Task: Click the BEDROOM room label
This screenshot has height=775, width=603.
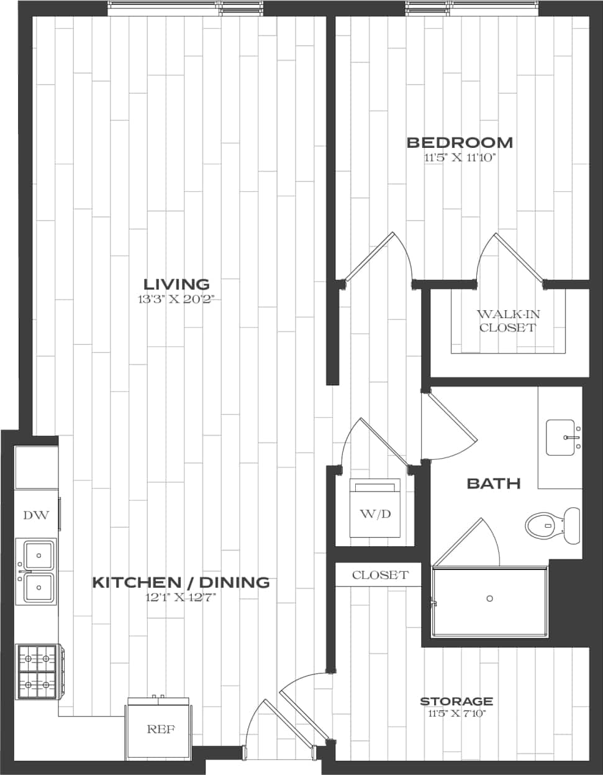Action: (x=460, y=142)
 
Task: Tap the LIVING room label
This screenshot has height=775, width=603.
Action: (x=176, y=285)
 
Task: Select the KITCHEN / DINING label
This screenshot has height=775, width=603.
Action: (x=181, y=582)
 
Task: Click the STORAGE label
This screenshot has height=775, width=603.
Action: (x=456, y=702)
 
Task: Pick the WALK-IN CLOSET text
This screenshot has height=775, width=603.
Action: (x=507, y=321)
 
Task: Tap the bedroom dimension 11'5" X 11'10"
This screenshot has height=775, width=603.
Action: (x=460, y=158)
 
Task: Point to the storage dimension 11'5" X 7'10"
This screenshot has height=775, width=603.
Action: (x=456, y=713)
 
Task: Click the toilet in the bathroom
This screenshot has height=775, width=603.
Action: (x=551, y=526)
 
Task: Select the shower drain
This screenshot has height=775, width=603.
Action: (x=489, y=598)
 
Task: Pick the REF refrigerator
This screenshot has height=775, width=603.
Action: (x=160, y=728)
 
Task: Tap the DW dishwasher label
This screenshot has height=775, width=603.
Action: (x=35, y=515)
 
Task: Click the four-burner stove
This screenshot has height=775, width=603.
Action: (x=37, y=672)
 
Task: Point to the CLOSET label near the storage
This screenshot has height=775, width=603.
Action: (x=380, y=575)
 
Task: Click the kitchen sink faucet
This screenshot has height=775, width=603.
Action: (x=25, y=571)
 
